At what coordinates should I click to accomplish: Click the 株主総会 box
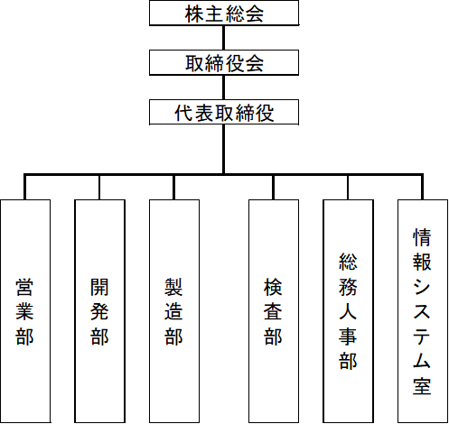point(224,13)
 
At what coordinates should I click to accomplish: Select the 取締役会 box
point(224,62)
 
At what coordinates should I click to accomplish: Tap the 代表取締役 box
point(224,112)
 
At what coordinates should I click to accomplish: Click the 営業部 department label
point(24,311)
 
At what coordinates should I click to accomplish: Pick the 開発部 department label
point(99,311)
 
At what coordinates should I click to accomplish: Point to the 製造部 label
point(173,311)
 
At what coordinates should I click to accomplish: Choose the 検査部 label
point(273,311)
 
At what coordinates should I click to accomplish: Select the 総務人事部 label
point(348,311)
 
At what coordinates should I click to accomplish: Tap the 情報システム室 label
point(422,311)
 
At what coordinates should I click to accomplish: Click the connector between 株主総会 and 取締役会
point(223,38)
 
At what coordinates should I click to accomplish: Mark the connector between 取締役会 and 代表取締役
point(223,88)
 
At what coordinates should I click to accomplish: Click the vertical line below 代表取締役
point(223,149)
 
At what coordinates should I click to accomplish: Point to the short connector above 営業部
point(24,188)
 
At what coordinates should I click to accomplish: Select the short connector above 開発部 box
point(99,188)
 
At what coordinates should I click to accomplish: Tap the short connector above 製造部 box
point(173,188)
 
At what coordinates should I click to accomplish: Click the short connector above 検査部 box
point(273,188)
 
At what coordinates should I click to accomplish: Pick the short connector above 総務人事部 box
point(348,188)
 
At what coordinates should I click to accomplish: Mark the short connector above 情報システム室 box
point(422,188)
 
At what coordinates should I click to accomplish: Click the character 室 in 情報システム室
point(422,386)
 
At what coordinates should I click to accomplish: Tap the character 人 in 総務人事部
point(348,311)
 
